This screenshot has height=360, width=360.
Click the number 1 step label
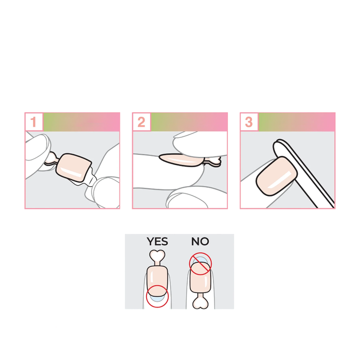point(34,122)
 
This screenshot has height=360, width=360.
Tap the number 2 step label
point(141,122)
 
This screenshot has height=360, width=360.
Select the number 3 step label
point(249,122)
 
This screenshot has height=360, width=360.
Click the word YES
point(157,242)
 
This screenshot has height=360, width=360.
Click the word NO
point(200,242)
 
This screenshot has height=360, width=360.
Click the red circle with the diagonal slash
point(201,264)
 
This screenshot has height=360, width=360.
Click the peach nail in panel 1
point(74,167)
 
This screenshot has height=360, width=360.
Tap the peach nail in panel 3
point(277,176)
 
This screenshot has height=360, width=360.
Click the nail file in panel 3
point(303,173)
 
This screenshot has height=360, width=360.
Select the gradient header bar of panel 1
point(81,122)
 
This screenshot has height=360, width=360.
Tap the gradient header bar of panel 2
point(189,122)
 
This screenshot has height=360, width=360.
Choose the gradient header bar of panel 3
point(297,122)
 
